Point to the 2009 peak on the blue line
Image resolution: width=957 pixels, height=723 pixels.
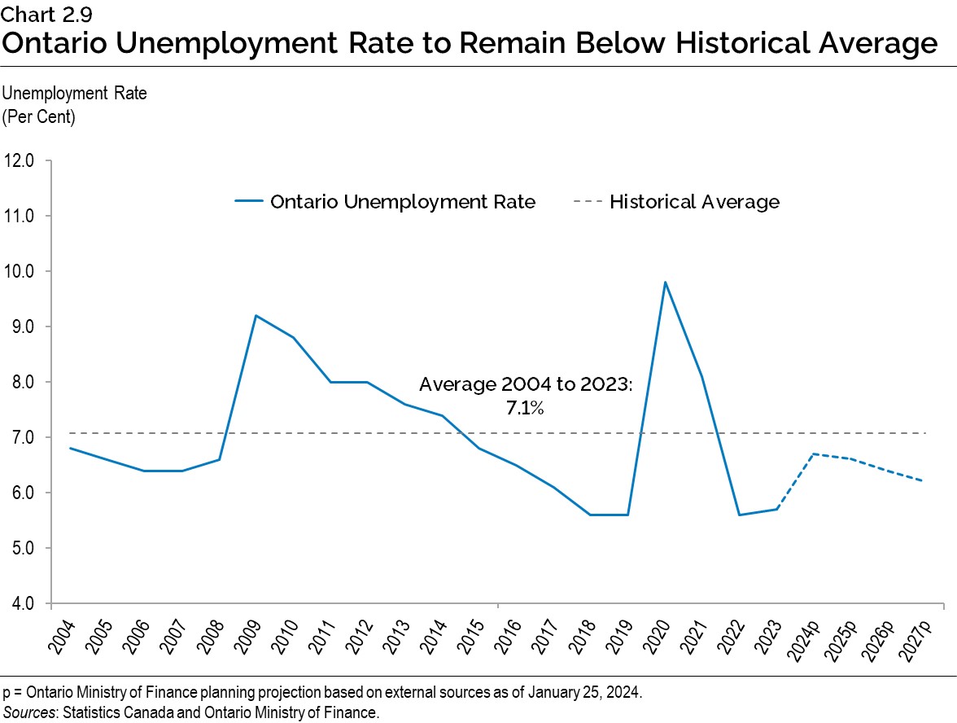[x=256, y=316]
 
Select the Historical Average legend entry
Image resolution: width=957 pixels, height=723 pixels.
[x=693, y=202]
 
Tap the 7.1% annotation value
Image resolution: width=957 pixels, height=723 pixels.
[x=525, y=410]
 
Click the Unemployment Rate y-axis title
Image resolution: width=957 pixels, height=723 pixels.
[x=76, y=93]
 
